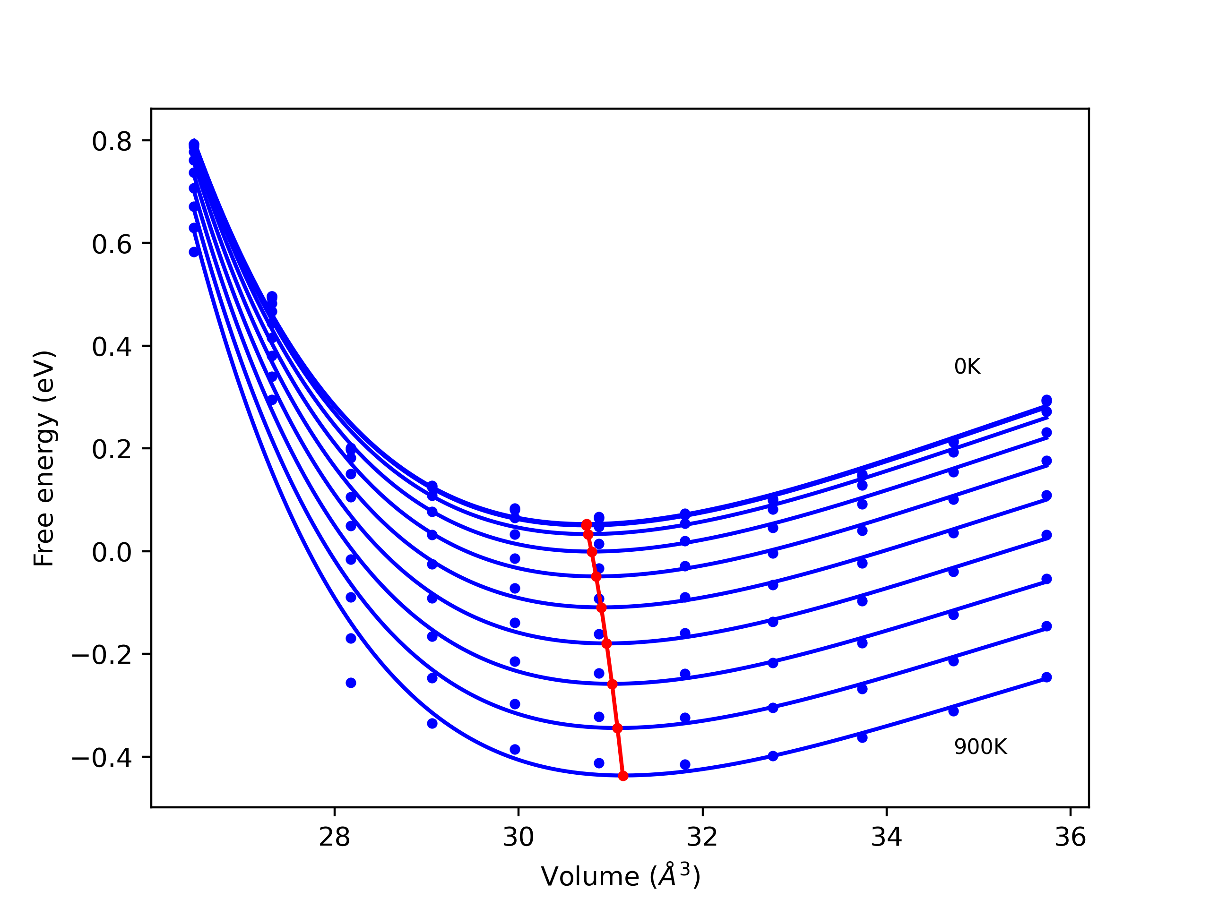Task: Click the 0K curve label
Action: tap(967, 367)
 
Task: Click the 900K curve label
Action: tap(980, 747)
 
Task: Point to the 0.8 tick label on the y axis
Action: tap(112, 142)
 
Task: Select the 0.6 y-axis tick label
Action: tap(112, 244)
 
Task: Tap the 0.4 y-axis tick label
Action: tap(112, 347)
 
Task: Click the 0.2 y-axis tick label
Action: tap(112, 450)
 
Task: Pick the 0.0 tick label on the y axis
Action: tap(112, 553)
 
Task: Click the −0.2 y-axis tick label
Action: tap(102, 656)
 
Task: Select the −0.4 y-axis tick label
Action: tap(102, 758)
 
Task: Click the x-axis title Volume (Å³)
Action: tap(620, 877)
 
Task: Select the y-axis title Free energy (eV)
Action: tap(44, 458)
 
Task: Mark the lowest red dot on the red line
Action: tap(623, 776)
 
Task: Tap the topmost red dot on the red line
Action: tap(587, 524)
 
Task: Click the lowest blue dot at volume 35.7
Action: tap(1046, 677)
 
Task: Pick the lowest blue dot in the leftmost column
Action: tap(194, 252)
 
